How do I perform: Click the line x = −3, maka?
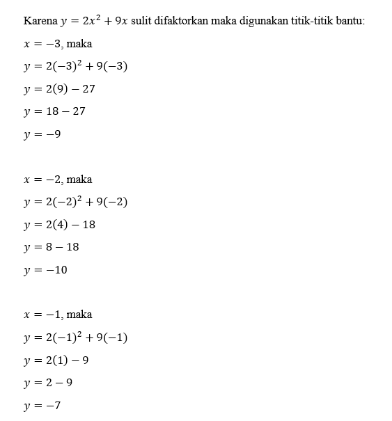tap(58, 44)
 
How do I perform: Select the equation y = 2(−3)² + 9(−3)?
tap(75, 66)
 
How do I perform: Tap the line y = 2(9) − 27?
tap(59, 89)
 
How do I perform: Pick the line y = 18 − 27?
tap(54, 111)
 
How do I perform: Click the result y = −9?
tap(42, 134)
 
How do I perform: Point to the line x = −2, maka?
tap(58, 179)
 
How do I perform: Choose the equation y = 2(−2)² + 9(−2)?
tap(75, 202)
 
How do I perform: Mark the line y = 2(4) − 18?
tap(59, 225)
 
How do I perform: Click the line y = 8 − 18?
tap(52, 247)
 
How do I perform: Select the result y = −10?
tap(45, 270)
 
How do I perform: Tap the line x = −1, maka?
tap(58, 315)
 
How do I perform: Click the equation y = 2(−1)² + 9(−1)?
tap(75, 337)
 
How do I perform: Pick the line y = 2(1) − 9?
tap(56, 360)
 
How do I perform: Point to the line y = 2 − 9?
tap(48, 383)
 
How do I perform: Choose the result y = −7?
tap(42, 406)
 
